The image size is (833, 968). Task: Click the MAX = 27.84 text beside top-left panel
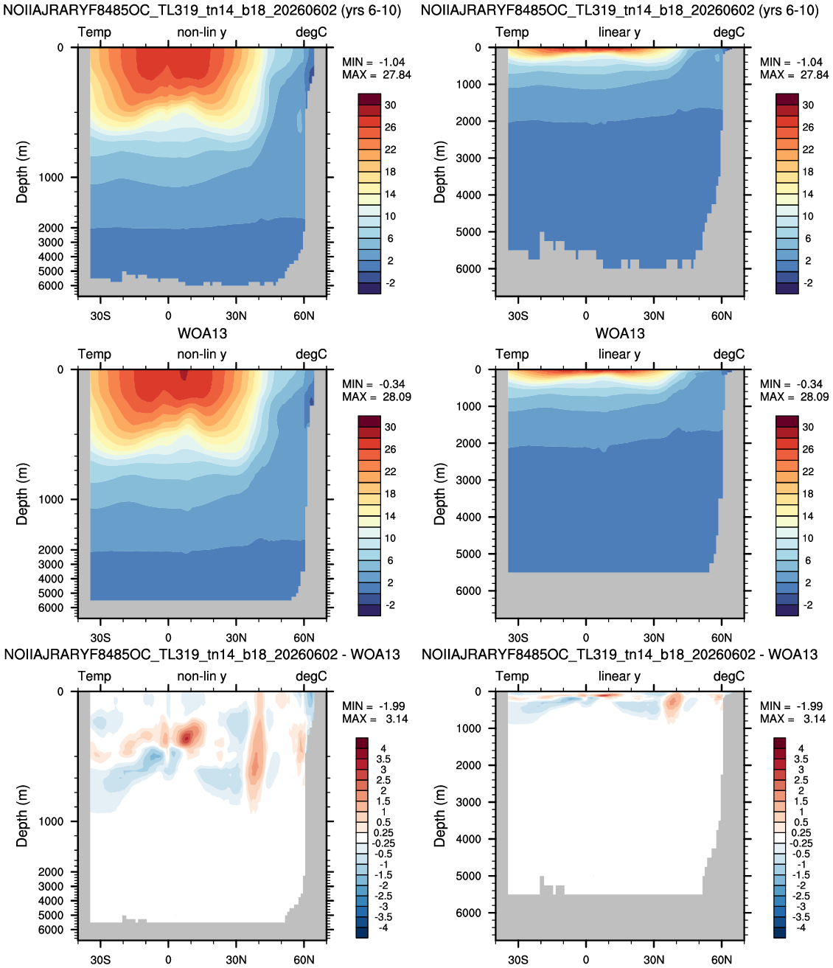coord(377,75)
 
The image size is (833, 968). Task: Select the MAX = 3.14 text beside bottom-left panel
coord(374,719)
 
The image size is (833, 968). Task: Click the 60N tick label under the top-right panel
coord(722,316)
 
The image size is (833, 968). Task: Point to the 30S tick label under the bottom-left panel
coord(100,960)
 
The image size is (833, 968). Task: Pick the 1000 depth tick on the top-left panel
coord(51,178)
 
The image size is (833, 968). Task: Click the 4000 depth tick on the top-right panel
coord(468,195)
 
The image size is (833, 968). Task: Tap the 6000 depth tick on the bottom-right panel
coord(468,913)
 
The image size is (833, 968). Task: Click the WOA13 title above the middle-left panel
coord(202,333)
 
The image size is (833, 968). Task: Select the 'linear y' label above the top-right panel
coord(619,32)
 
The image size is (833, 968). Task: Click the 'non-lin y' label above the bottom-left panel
coord(202,676)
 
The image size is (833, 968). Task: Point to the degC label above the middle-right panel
coord(728,355)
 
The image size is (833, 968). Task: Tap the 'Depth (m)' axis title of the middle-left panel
coord(22,494)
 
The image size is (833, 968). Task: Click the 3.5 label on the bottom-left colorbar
coord(383,759)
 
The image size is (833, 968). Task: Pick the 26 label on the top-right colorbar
coord(808,128)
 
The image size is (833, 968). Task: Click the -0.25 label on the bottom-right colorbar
coord(801,843)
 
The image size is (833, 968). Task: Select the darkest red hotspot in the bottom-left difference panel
coord(187,739)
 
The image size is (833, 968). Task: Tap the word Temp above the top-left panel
coord(94,32)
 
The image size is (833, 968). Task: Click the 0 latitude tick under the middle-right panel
coord(586,638)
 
